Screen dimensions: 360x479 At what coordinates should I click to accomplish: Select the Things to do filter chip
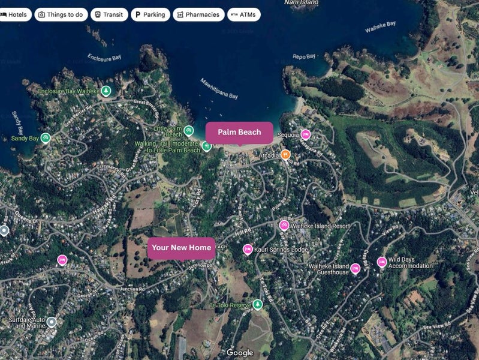point(61,14)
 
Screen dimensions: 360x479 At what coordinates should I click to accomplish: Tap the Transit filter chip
point(109,14)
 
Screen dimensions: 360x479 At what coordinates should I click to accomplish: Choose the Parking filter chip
point(150,14)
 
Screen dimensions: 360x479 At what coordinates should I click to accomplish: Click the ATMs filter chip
point(243,14)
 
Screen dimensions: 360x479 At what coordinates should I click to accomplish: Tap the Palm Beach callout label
point(239,132)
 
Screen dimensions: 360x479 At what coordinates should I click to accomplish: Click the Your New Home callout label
point(181,247)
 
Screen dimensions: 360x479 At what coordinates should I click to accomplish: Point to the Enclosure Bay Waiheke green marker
point(106,91)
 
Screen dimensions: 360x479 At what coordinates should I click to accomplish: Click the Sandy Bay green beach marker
point(46,138)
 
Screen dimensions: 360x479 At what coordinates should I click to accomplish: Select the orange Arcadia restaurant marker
point(285,155)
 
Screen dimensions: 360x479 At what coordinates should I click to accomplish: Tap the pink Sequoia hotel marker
point(305,134)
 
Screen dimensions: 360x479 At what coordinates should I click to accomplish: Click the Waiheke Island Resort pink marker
point(284,226)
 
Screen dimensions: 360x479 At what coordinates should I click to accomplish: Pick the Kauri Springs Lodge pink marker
point(248,249)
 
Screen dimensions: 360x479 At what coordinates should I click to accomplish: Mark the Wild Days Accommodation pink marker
point(382,262)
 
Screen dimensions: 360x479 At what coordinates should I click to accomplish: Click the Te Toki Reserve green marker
point(257,305)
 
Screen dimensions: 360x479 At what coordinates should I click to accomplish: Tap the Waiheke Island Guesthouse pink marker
point(355,269)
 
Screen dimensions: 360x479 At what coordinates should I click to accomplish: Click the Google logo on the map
point(240,353)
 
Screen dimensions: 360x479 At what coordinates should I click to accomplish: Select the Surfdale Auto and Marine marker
point(52,322)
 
